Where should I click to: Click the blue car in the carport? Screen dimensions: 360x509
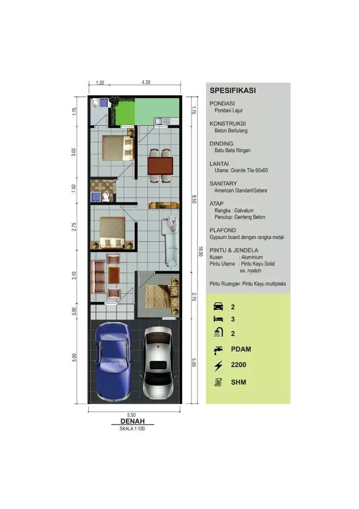[x=113, y=362]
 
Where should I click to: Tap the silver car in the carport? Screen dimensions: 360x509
[x=158, y=363]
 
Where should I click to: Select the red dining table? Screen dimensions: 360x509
[x=160, y=166]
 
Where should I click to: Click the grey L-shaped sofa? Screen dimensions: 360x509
[x=170, y=241]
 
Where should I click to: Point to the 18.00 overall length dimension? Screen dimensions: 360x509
[x=201, y=251]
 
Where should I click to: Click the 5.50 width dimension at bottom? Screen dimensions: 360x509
[x=131, y=415]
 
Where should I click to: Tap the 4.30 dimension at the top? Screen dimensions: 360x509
[x=146, y=82]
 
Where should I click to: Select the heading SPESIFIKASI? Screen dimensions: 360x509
[x=233, y=91]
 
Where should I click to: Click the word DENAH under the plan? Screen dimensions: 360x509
[x=132, y=421]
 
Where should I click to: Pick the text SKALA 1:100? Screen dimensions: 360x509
[x=132, y=429]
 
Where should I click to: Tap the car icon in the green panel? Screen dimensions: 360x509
[x=218, y=306]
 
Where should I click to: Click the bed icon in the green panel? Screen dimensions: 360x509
[x=218, y=319]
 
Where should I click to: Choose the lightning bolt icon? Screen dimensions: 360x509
[x=218, y=365]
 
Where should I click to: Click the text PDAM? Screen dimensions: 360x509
[x=241, y=349]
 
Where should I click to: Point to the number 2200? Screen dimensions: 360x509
[x=239, y=365]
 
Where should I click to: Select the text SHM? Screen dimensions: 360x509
[x=239, y=382]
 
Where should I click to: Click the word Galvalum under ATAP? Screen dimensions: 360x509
[x=244, y=210]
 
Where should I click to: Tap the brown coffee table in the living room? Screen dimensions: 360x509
[x=114, y=275]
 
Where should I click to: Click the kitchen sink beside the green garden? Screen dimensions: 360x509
[x=159, y=122]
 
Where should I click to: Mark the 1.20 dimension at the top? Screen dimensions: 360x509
[x=100, y=83]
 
